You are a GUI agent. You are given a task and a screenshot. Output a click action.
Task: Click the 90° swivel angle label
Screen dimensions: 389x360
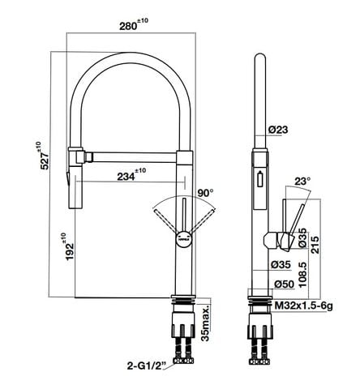point(205,193)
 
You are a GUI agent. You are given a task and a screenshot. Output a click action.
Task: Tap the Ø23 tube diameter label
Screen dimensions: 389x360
point(278,129)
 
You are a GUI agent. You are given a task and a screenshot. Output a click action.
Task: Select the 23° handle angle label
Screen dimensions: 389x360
point(303,182)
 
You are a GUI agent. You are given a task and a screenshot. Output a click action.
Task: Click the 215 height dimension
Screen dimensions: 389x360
point(326,244)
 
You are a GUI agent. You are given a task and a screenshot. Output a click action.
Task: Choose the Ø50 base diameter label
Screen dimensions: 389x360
point(283,284)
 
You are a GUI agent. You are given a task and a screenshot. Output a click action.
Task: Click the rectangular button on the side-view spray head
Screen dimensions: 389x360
point(260,180)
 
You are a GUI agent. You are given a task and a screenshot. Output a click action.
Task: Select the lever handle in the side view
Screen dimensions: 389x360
point(293,220)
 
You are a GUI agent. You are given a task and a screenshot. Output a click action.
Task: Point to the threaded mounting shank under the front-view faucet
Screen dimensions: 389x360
point(182,332)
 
